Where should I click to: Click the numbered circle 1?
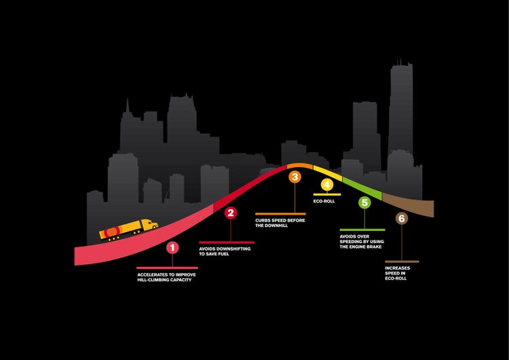172,248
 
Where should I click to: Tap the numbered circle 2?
231,213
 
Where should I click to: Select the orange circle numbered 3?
295,177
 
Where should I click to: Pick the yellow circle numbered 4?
326,185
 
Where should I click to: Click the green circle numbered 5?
364,202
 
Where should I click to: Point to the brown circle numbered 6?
401,219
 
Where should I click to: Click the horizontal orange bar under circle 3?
280,214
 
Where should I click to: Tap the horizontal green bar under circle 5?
362,230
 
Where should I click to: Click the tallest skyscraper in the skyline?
400,109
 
